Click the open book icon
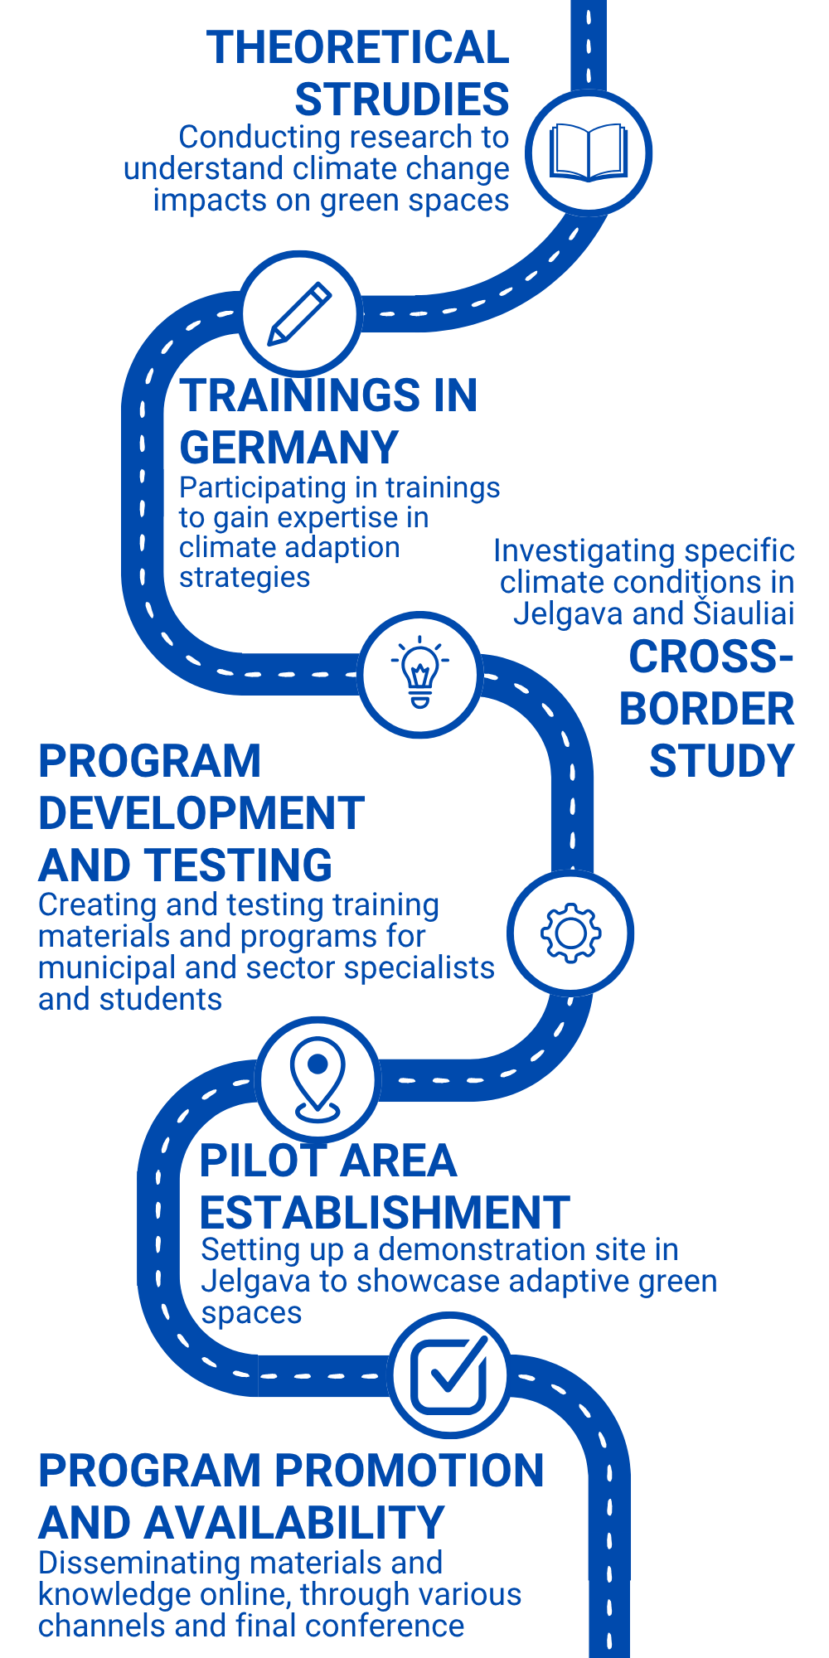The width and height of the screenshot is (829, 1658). tap(589, 153)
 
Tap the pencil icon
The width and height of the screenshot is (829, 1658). tap(299, 314)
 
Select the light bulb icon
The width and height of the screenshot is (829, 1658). tap(420, 672)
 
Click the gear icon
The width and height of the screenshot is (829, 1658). tap(570, 933)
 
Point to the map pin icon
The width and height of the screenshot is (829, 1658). tap(318, 1078)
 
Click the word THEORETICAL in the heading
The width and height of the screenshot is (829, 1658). tap(357, 47)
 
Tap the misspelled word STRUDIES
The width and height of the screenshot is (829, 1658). tap(402, 99)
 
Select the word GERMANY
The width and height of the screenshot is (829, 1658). tap(289, 448)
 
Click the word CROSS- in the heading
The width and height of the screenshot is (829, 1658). tap(711, 657)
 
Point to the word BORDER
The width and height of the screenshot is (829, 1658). tap(707, 710)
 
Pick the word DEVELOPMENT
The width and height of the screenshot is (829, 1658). tap(201, 813)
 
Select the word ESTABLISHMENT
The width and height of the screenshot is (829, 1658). tap(385, 1213)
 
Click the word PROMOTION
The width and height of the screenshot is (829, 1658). tap(410, 1471)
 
